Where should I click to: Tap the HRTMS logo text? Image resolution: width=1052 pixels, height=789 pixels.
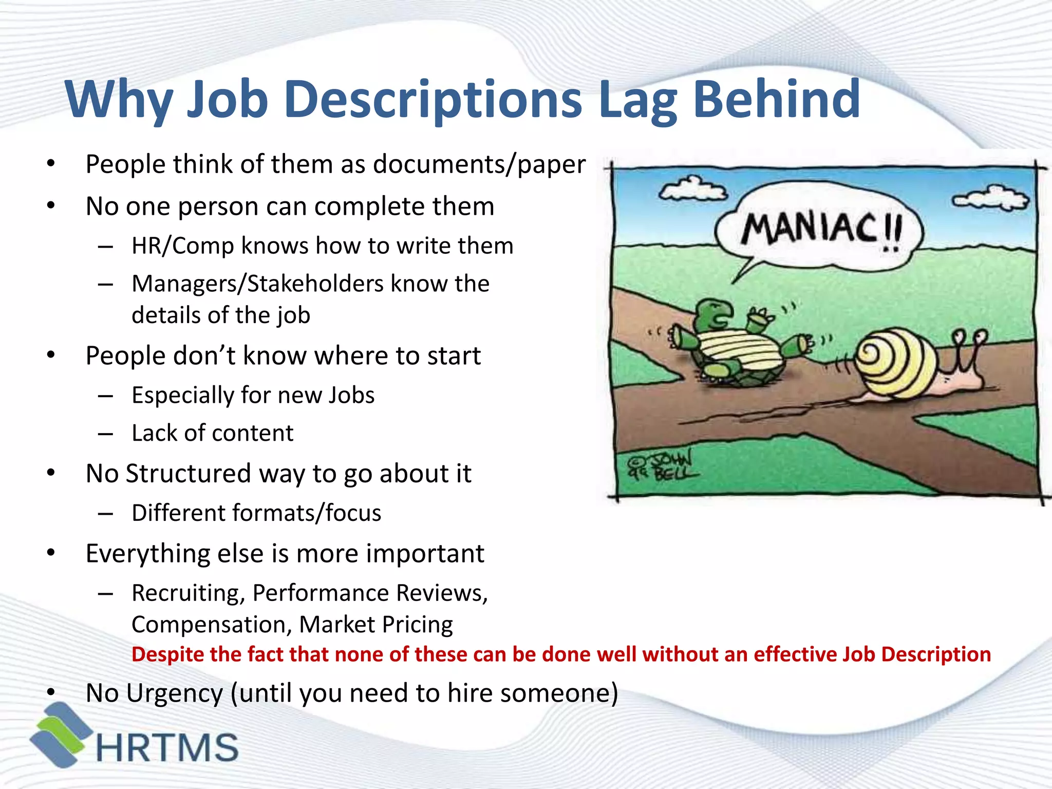pos(167,747)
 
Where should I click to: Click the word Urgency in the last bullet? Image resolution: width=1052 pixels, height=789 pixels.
pos(175,693)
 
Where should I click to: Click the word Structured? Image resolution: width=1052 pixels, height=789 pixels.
pos(189,473)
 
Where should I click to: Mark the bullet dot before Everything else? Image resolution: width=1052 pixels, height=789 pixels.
pos(50,553)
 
